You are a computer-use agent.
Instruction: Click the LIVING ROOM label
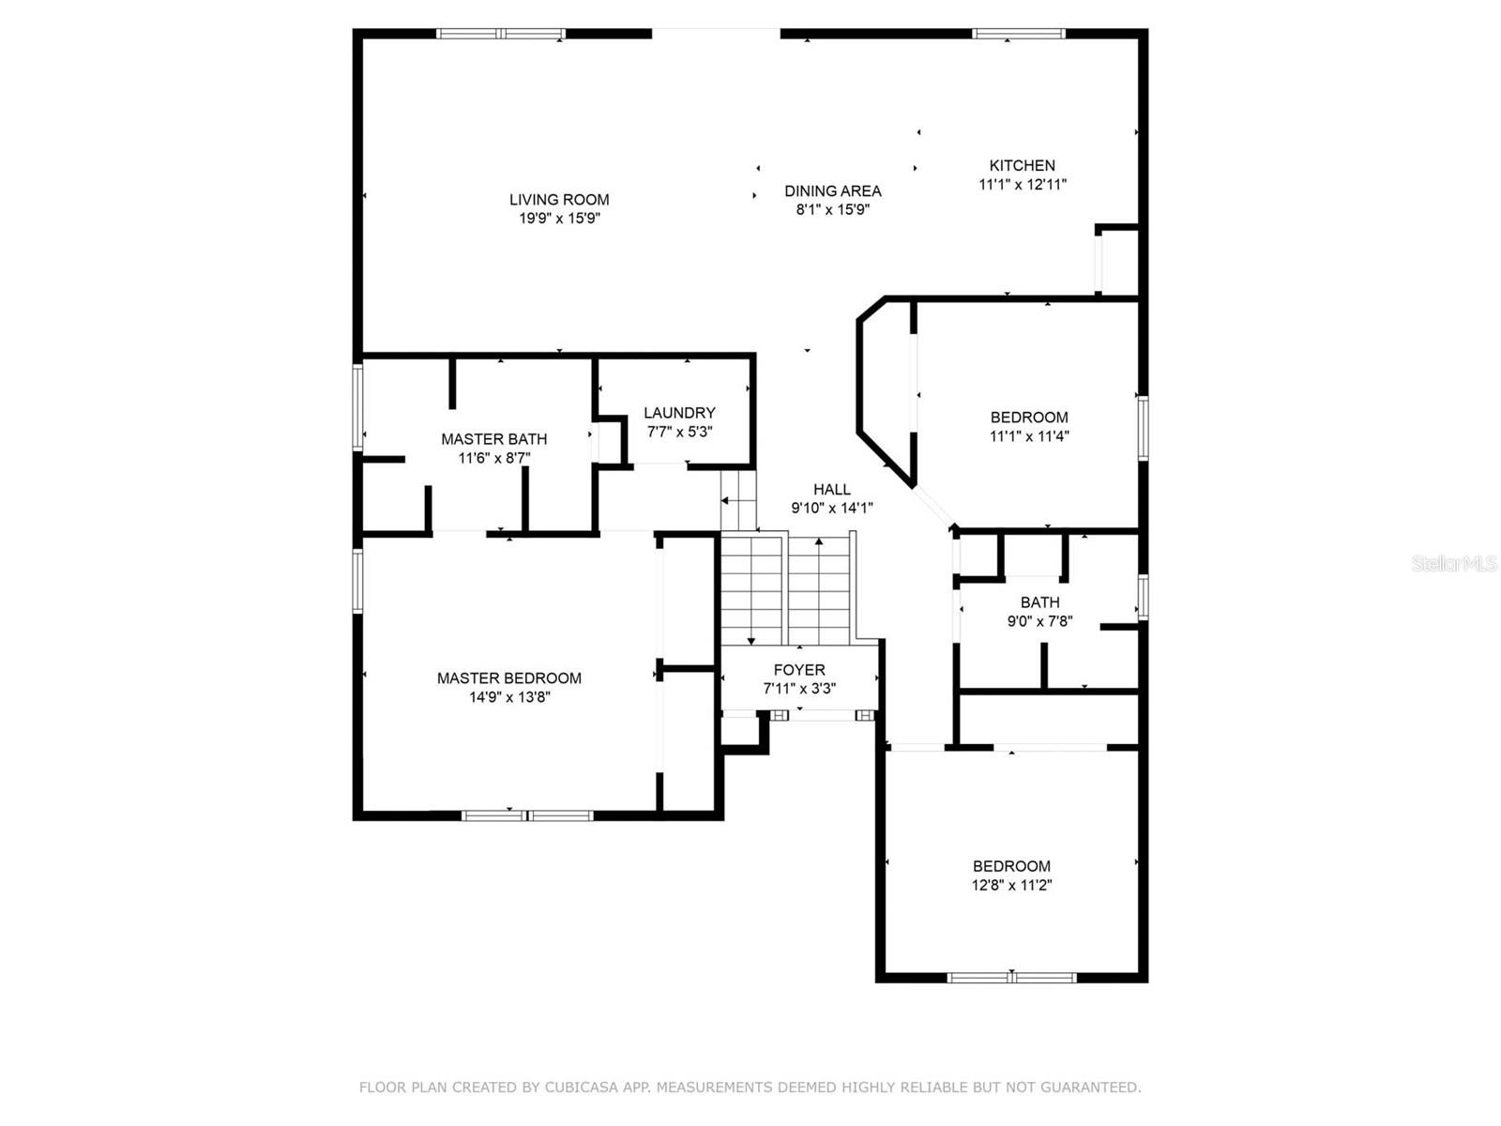coord(559,199)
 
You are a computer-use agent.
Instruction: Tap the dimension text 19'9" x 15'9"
coord(559,219)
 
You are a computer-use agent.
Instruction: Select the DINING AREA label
coord(832,190)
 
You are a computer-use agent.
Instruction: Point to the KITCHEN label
coord(1022,165)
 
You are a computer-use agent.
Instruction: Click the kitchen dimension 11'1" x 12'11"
coord(1022,185)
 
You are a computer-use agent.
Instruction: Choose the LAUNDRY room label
coord(679,413)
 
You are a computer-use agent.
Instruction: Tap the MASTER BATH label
coord(493,439)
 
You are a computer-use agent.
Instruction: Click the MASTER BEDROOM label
coord(508,678)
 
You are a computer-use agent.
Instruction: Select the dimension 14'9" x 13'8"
coord(508,697)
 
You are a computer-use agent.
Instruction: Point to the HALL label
coord(831,489)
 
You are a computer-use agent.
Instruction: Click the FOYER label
coord(799,670)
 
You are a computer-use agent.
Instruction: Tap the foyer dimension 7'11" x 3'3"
coord(799,689)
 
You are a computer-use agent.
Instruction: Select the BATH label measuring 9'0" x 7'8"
coord(1039,602)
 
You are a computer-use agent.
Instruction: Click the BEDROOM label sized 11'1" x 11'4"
coord(1029,418)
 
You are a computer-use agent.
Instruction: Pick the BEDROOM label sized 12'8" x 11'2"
coord(1011,866)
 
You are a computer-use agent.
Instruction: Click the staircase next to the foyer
coord(786,588)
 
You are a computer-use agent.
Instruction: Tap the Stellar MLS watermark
coord(1453,564)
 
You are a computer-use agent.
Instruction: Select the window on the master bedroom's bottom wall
coord(528,814)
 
